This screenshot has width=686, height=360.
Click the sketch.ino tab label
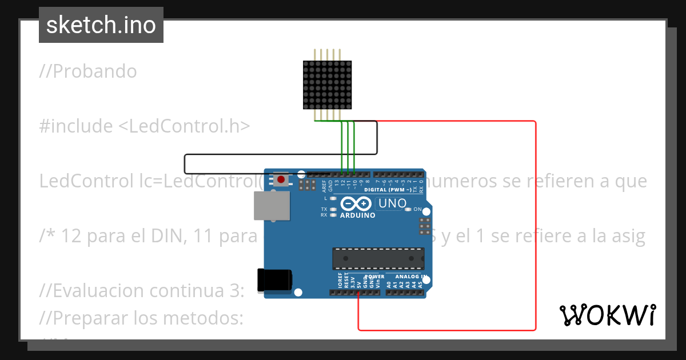(101, 25)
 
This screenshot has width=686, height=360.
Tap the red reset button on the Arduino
(281, 180)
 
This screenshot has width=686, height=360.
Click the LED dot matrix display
(328, 85)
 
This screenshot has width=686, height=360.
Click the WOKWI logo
(607, 315)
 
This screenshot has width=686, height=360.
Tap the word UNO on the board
(393, 203)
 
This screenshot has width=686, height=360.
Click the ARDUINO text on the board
(357, 215)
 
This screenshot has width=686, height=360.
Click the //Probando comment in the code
(89, 71)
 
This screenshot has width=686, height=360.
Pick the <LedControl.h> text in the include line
(184, 126)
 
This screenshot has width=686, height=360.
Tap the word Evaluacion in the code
(101, 290)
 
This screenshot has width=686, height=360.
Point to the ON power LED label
(417, 209)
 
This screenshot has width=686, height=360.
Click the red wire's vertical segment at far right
(536, 229)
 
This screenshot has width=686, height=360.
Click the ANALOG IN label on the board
(412, 277)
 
